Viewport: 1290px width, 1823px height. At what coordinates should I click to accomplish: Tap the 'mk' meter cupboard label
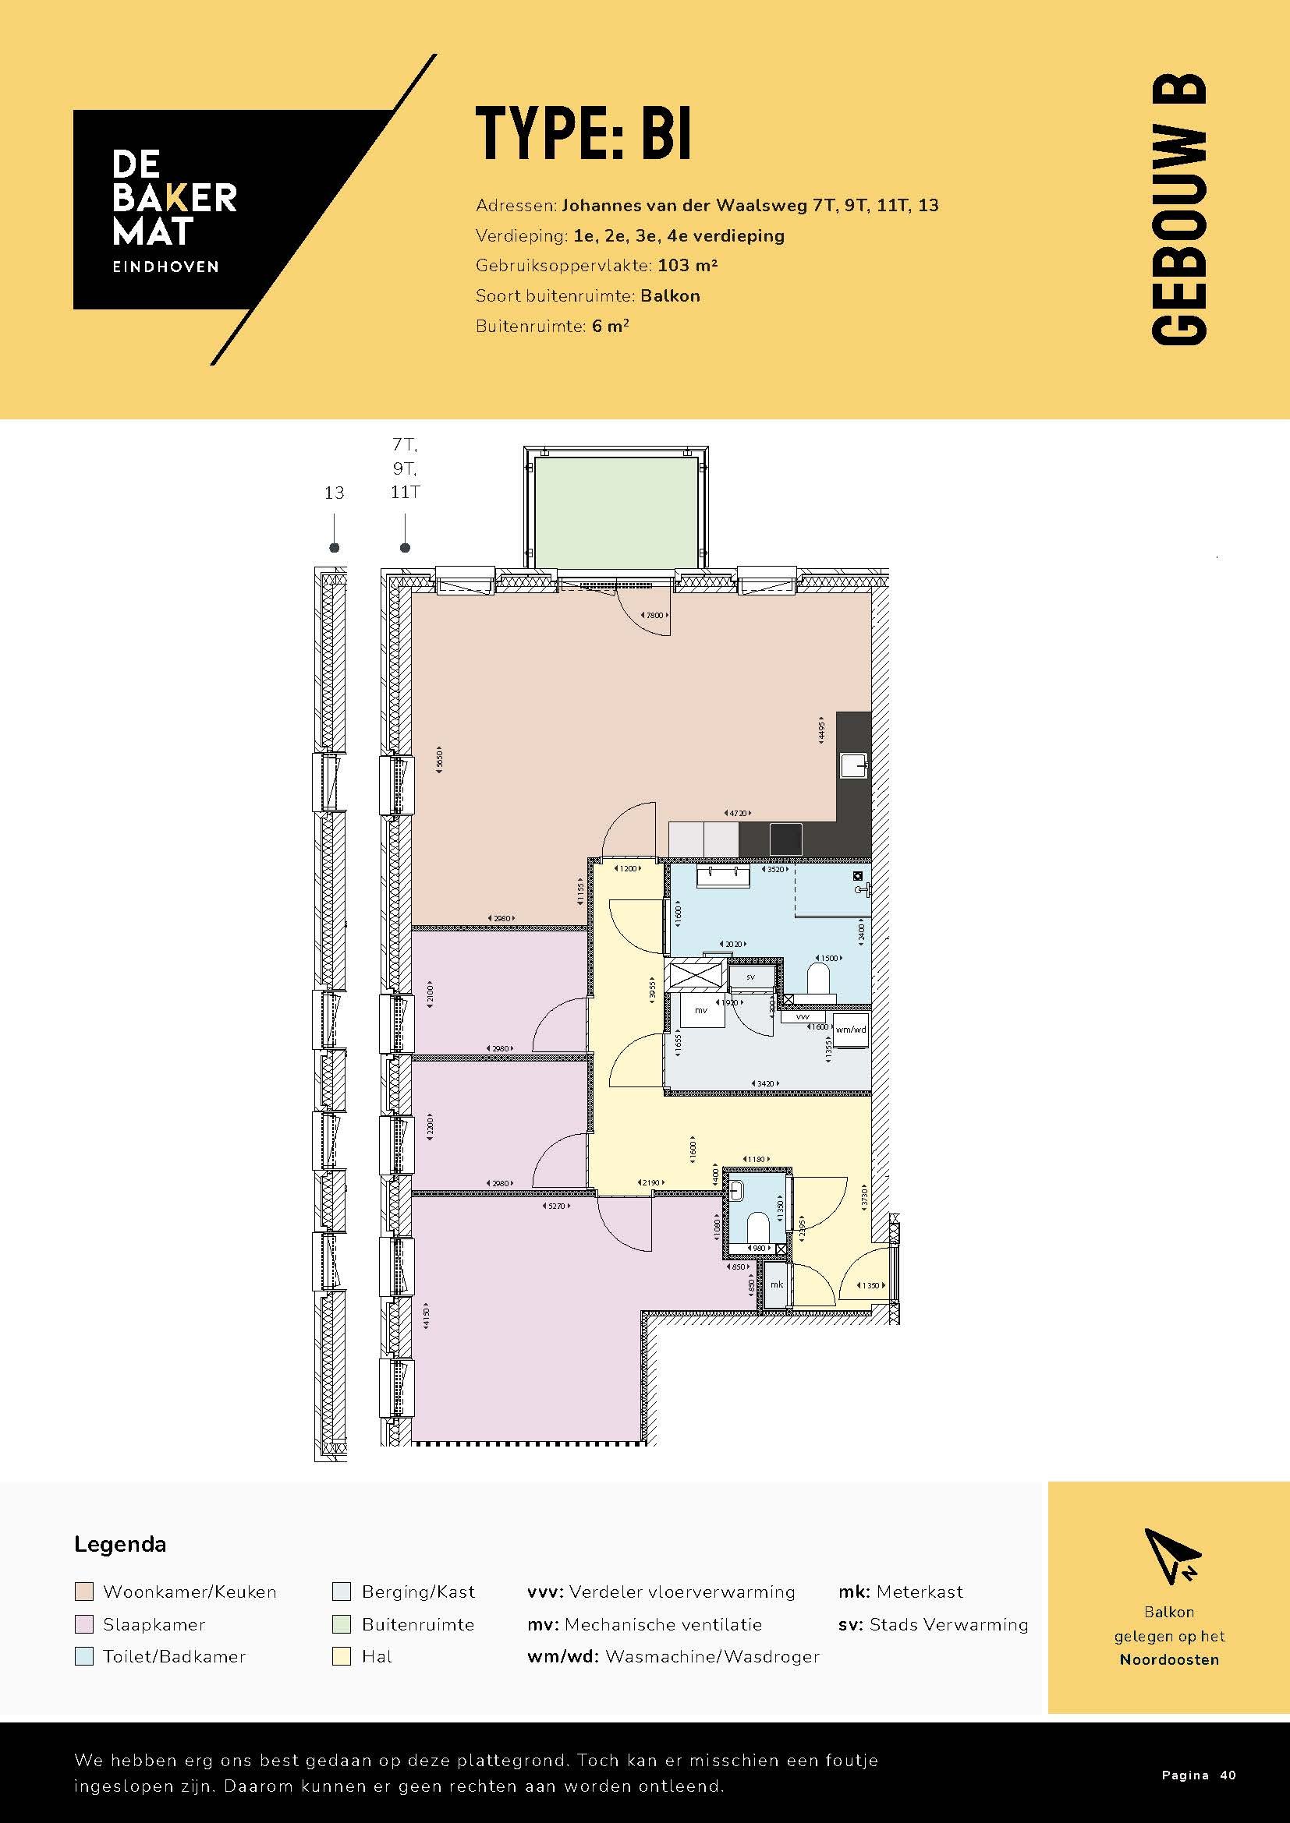click(x=777, y=1284)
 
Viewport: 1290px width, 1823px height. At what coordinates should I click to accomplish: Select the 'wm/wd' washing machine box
click(x=850, y=1030)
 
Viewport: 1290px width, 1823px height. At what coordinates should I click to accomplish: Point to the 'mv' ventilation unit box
click(x=702, y=1010)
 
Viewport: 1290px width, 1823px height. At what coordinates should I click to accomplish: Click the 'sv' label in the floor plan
click(x=750, y=977)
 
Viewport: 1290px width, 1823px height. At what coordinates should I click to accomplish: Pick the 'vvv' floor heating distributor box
click(x=803, y=1016)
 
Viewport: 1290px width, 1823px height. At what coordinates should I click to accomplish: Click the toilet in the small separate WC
click(x=759, y=1228)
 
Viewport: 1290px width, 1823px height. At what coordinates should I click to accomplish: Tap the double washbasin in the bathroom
click(x=723, y=877)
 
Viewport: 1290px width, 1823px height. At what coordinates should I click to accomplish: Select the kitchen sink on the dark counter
click(x=854, y=766)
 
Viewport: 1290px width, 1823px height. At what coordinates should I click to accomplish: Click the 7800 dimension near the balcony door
click(x=654, y=616)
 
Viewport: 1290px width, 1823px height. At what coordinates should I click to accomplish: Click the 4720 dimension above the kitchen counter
click(x=738, y=813)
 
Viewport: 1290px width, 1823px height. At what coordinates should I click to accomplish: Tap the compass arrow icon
click(x=1172, y=1555)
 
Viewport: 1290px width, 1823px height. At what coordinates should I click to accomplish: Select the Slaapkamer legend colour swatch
click(x=84, y=1624)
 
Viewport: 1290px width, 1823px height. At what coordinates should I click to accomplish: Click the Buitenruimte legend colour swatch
click(x=342, y=1624)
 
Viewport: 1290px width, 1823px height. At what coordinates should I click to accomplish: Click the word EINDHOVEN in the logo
click(x=165, y=267)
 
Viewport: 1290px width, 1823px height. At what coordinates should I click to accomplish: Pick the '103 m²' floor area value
click(x=687, y=265)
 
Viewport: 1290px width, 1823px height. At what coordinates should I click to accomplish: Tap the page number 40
click(x=1228, y=1775)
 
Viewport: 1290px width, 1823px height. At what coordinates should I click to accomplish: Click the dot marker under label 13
click(x=335, y=548)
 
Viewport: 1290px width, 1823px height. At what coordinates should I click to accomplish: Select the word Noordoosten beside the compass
click(x=1168, y=1659)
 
